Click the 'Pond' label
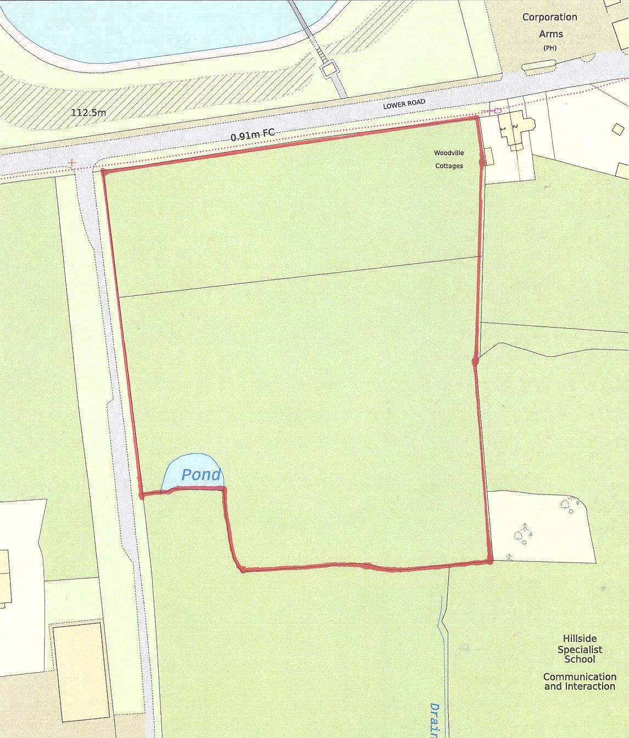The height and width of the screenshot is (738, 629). [x=201, y=475]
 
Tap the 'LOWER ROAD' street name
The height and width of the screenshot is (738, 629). [x=404, y=104]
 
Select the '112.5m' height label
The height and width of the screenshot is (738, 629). [x=88, y=113]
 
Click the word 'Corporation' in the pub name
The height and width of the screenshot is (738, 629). [x=549, y=17]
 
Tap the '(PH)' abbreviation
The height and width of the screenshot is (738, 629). [x=549, y=48]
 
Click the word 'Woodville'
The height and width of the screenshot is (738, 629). [x=449, y=153]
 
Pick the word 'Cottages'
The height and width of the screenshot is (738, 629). [x=449, y=166]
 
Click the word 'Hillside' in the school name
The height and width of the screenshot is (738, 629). [x=579, y=639]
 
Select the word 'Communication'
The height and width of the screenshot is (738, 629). [x=580, y=677]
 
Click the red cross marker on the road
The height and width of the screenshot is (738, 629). [x=71, y=163]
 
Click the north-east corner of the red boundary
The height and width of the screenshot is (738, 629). [x=476, y=117]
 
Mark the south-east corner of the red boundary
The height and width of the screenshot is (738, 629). [x=490, y=561]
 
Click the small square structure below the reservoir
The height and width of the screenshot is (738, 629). [x=329, y=69]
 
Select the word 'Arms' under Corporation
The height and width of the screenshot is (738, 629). [x=550, y=34]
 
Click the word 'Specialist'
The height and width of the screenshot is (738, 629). [x=580, y=650]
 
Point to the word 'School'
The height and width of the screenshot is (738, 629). [x=580, y=659]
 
